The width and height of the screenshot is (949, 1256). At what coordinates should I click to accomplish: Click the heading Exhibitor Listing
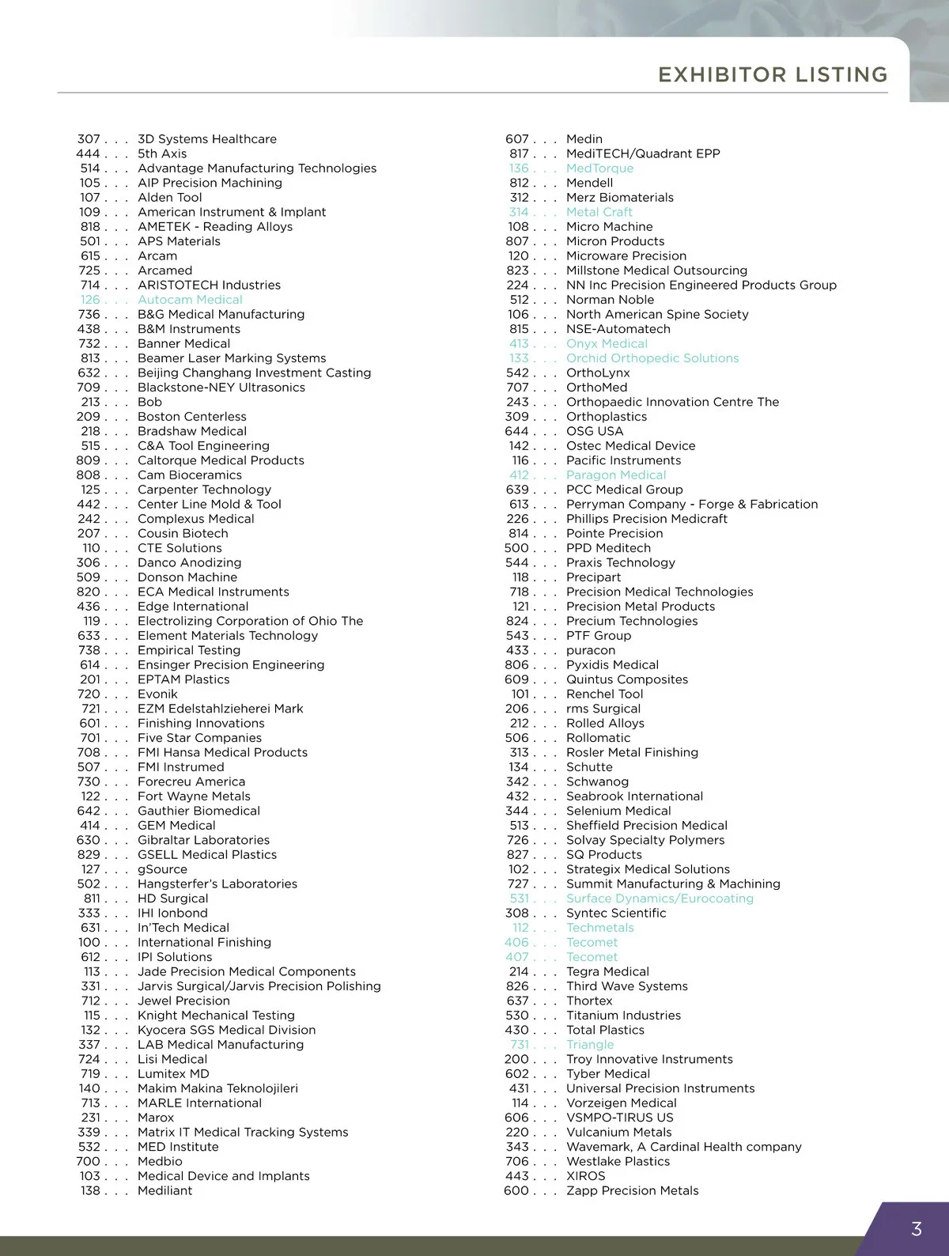773,75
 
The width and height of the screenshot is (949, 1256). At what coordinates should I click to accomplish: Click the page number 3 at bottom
917,1229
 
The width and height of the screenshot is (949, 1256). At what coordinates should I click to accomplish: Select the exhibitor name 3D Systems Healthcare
207,139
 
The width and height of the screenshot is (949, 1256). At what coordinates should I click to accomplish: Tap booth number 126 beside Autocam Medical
90,300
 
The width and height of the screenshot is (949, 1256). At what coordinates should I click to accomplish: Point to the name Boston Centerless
192,417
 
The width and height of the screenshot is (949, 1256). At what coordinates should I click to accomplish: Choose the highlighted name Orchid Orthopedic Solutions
652,358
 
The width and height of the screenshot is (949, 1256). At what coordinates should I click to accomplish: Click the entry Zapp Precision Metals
633,1190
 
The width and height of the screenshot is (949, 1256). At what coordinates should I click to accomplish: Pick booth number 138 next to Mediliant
90,1190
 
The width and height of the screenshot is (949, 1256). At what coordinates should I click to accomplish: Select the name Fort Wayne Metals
194,796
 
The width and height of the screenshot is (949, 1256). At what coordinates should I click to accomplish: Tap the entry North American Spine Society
657,314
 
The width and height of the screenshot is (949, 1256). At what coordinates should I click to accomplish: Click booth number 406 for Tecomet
517,942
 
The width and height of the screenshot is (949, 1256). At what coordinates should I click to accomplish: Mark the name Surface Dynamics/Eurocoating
660,898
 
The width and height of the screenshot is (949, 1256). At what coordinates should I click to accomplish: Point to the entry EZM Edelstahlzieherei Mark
221,709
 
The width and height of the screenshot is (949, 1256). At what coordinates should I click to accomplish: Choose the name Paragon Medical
616,475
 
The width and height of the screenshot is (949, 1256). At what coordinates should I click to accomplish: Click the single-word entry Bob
149,402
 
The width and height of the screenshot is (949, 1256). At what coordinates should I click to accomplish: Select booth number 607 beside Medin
517,139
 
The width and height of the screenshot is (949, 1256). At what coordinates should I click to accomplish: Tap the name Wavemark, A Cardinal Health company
684,1147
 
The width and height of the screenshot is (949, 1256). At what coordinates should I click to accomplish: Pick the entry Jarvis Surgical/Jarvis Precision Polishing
259,986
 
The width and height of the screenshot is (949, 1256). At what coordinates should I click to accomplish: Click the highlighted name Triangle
590,1045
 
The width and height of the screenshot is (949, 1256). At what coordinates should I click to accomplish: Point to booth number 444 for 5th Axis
88,153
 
